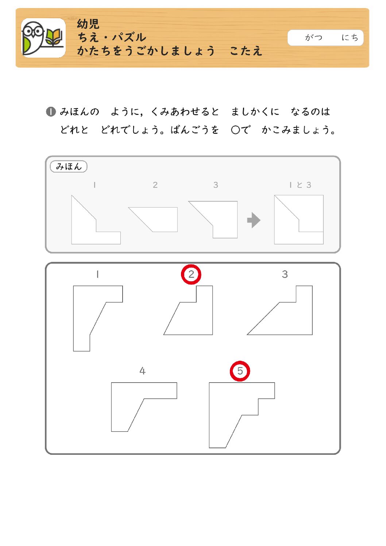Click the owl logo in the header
tap(43, 38)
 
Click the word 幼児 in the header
tap(88, 24)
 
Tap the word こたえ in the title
tap(246, 51)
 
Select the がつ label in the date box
tap(313, 38)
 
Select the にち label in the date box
tap(350, 38)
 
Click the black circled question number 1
tap(51, 112)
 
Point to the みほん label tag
tap(69, 166)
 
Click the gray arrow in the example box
tap(254, 220)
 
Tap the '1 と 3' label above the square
tap(300, 185)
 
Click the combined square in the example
tap(299, 219)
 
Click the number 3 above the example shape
tap(216, 185)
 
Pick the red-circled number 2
tap(191, 275)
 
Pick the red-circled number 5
tap(240, 371)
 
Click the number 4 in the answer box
tap(142, 371)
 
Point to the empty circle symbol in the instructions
tap(236, 130)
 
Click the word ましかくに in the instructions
tap(255, 112)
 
